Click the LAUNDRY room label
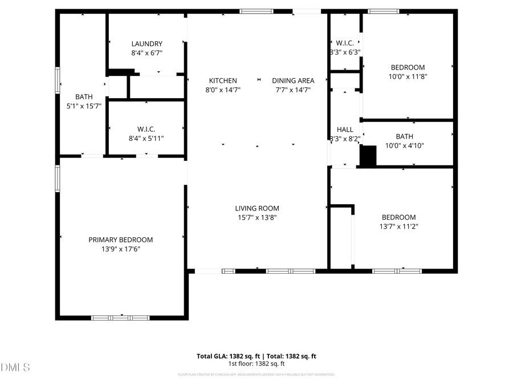pos(146,44)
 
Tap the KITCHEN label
pos(223,81)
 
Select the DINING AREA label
pos(293,81)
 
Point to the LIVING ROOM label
pos(257,209)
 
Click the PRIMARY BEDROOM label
pos(120,240)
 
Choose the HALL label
pos(345,130)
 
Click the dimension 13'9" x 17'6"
pos(120,249)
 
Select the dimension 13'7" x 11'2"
pos(398,226)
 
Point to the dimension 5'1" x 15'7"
pos(84,106)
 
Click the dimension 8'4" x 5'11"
pos(146,139)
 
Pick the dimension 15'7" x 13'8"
pos(257,217)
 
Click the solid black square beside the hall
pos(368,156)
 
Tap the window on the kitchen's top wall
pos(256,11)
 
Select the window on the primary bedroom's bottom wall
pos(120,318)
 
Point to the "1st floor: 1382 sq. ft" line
pos(256,363)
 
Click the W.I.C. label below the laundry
pos(146,129)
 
